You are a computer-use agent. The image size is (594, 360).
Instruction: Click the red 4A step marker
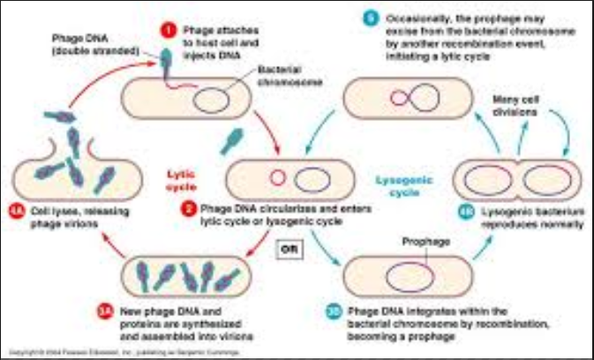pos(18,211)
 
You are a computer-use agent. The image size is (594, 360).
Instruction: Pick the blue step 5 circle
pos(371,16)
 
